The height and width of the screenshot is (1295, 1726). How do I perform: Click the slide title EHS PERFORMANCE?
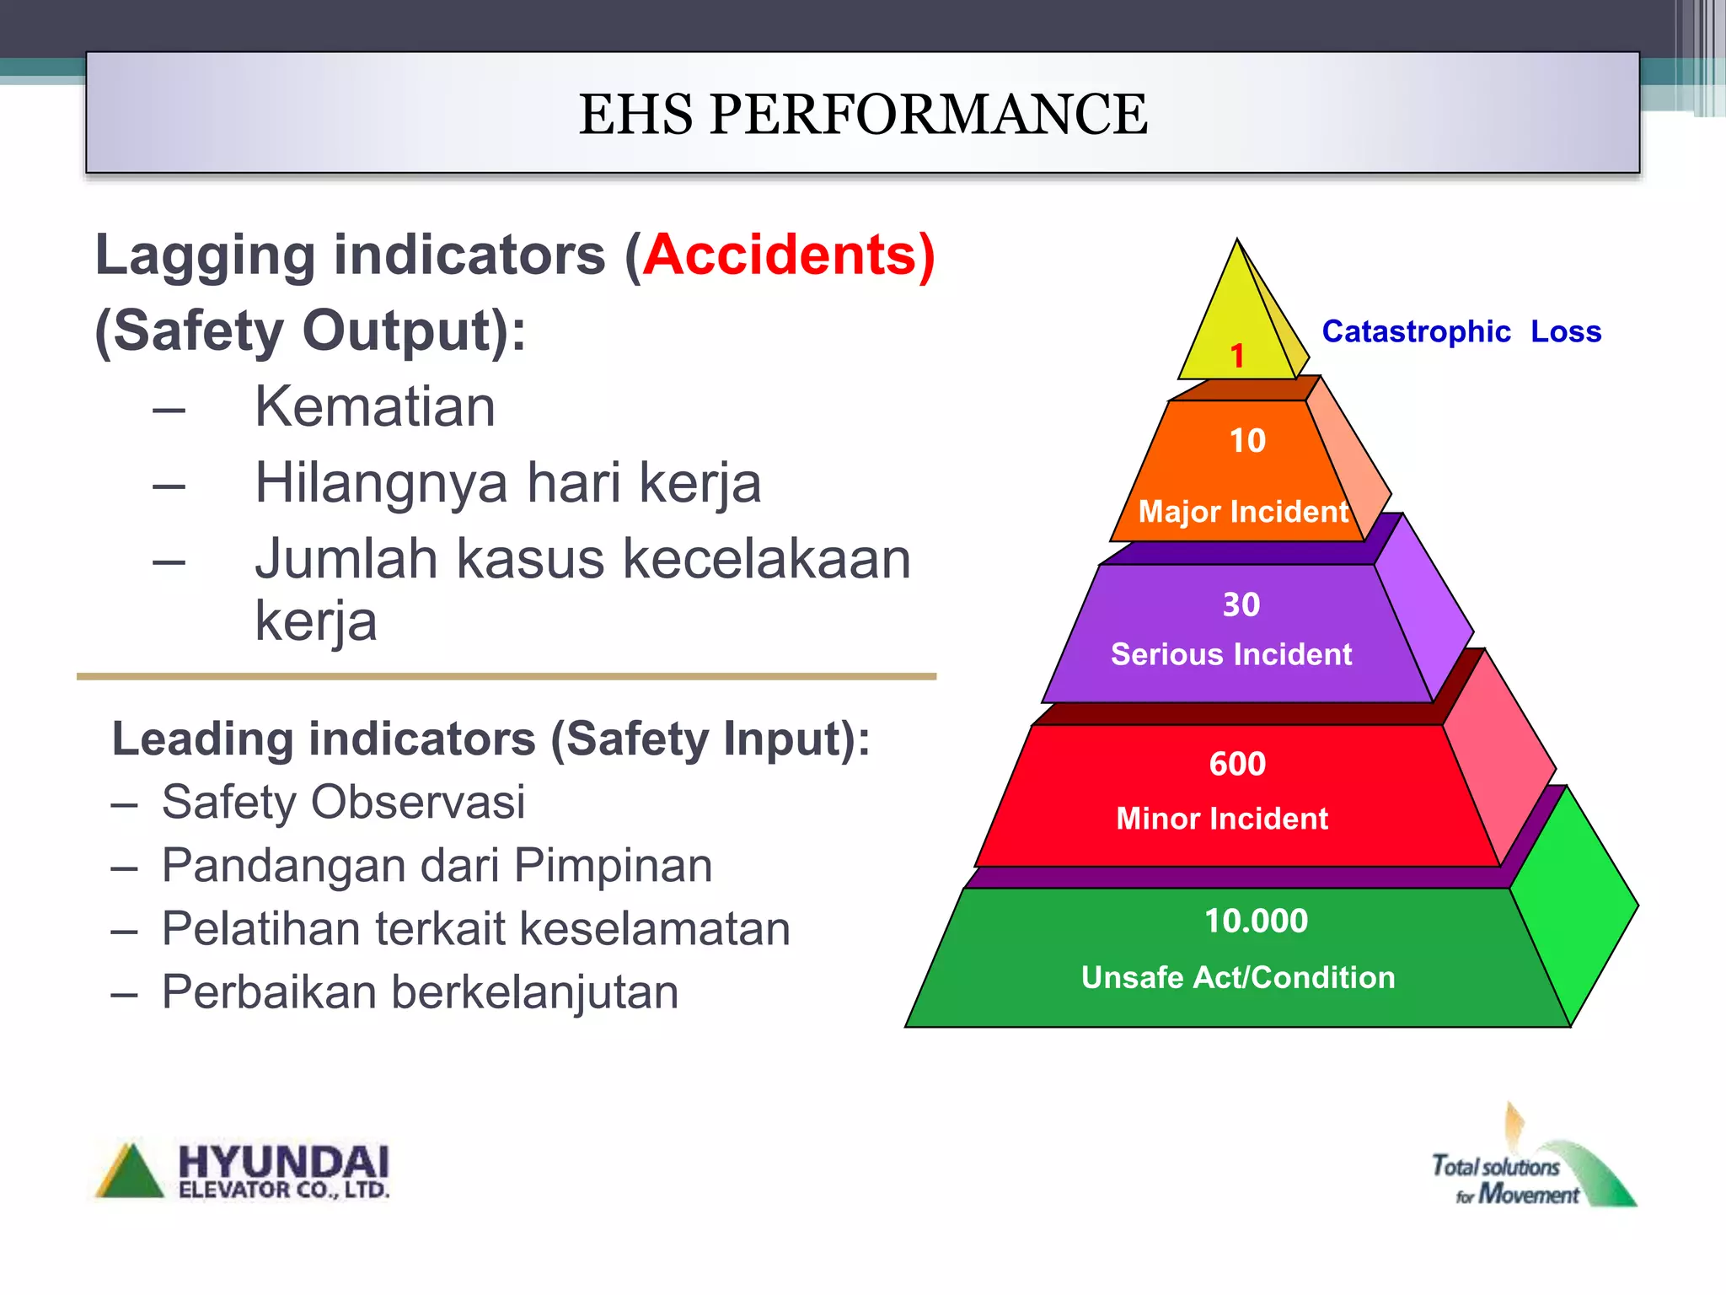click(x=862, y=115)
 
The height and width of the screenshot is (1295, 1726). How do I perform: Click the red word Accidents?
click(x=780, y=255)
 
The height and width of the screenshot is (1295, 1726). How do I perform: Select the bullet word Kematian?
click(x=375, y=407)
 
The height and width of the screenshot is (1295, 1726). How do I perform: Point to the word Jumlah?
click(x=346, y=559)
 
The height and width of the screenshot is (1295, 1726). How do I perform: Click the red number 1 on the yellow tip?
click(x=1236, y=356)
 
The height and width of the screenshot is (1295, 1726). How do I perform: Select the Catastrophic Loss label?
click(x=1461, y=331)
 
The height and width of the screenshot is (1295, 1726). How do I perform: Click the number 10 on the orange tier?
click(x=1247, y=441)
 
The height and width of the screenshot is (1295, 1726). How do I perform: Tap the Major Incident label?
click(x=1243, y=512)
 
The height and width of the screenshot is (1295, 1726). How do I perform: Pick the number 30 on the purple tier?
click(x=1241, y=605)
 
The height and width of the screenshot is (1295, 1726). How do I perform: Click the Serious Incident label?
click(x=1231, y=654)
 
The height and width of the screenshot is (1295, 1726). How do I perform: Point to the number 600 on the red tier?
click(x=1237, y=764)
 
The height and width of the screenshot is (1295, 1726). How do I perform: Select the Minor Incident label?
click(x=1222, y=819)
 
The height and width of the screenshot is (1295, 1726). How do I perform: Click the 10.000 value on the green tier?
click(x=1256, y=921)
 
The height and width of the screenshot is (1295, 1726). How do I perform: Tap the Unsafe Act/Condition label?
click(x=1238, y=977)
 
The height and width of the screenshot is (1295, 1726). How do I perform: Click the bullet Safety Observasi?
click(x=343, y=802)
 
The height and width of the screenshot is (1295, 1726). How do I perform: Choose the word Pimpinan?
click(x=613, y=866)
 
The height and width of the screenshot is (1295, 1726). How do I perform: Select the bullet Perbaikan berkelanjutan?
click(x=420, y=992)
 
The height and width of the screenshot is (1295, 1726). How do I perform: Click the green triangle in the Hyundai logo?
click(x=130, y=1174)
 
